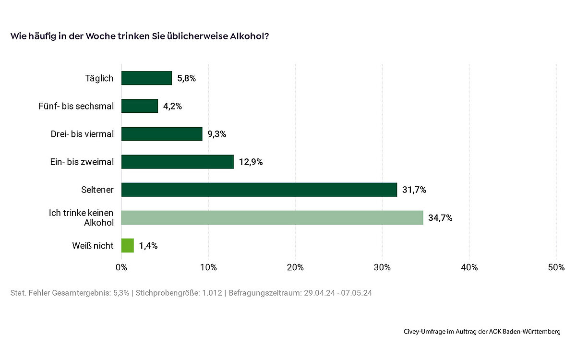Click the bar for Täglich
(x=146, y=78)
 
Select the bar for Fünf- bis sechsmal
(x=140, y=106)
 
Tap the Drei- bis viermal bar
(x=162, y=134)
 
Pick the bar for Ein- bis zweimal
(x=177, y=162)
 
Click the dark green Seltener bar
(x=259, y=190)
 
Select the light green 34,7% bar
(x=272, y=217)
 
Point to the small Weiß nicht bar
(x=128, y=245)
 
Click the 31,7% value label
(x=414, y=190)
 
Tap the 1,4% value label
(x=148, y=246)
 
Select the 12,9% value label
(x=251, y=162)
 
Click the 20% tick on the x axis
(x=295, y=267)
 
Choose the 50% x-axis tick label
(x=556, y=267)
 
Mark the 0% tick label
(x=121, y=267)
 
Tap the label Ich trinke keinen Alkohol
(x=82, y=217)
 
